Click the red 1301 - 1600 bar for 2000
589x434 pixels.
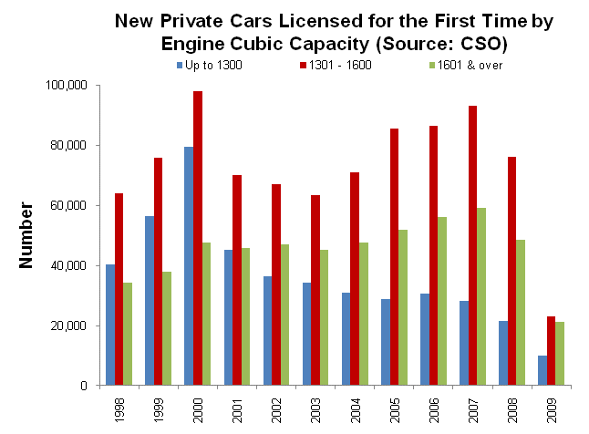click(x=198, y=238)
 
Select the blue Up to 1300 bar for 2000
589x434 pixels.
click(x=189, y=265)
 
